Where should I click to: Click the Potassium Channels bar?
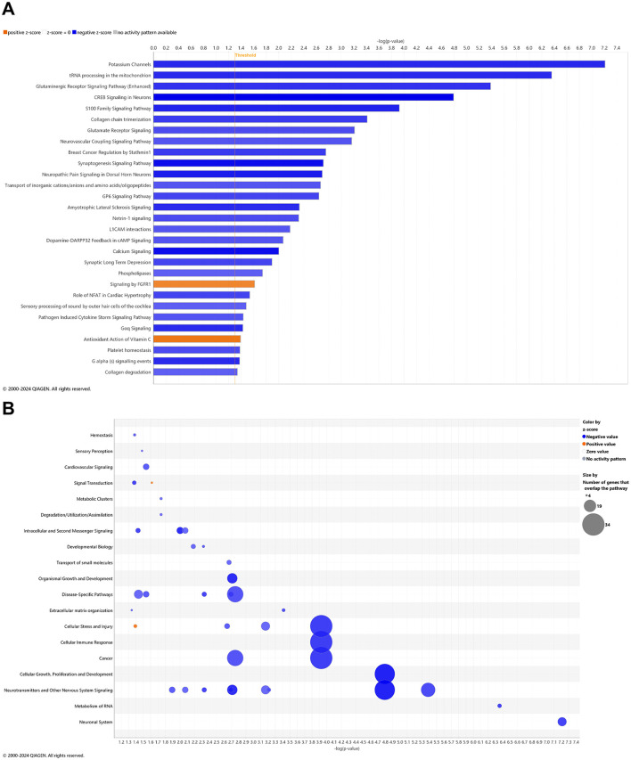(x=379, y=64)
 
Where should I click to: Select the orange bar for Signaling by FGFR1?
(x=204, y=283)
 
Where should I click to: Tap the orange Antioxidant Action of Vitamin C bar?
(x=197, y=339)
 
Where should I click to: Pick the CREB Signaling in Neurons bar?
(x=303, y=97)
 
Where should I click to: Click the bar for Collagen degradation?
(x=195, y=372)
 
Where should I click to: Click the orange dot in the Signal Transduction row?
(x=152, y=483)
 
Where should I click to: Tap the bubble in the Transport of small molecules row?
(x=229, y=562)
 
